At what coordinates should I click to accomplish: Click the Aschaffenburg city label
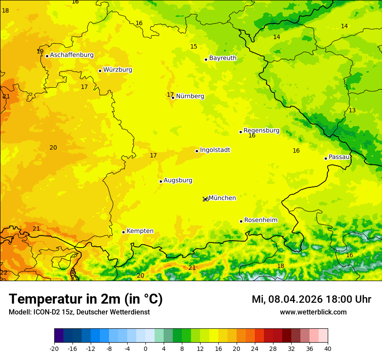click(72, 55)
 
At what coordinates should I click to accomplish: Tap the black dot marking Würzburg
click(100, 71)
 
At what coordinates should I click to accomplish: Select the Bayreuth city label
click(223, 58)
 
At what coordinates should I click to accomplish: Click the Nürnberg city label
click(190, 96)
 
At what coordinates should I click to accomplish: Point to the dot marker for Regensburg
click(240, 132)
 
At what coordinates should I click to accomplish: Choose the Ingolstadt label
click(215, 150)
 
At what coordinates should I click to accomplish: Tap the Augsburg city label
click(178, 180)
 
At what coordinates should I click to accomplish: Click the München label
click(222, 198)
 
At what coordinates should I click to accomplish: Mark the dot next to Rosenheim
click(241, 221)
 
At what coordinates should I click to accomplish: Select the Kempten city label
click(140, 231)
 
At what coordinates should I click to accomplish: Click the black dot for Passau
click(326, 158)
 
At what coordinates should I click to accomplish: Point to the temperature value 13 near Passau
click(352, 111)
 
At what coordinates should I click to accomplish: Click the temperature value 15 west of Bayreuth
click(194, 47)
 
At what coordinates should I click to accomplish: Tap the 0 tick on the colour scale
click(145, 349)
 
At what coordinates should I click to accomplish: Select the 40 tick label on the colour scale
click(328, 349)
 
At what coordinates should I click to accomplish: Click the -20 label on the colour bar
click(54, 349)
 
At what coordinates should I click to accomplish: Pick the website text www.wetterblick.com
click(313, 312)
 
